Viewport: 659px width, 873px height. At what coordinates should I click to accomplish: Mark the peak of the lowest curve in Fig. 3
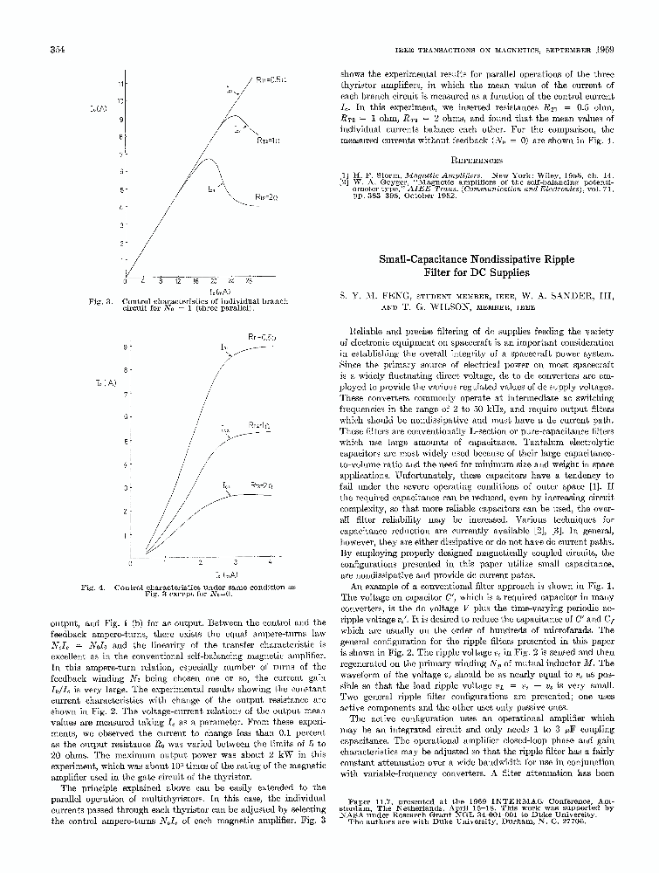[206, 160]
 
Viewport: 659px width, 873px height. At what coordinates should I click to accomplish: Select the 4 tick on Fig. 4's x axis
[270, 563]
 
